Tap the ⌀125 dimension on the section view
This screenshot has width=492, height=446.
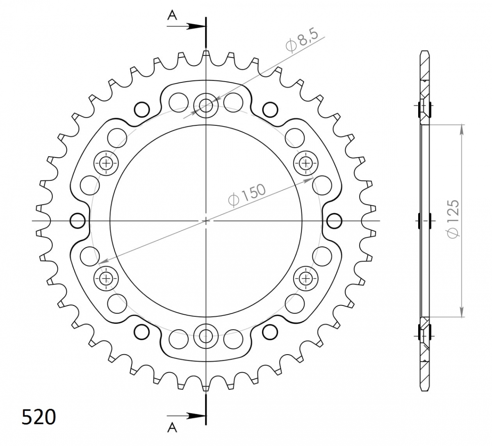click(453, 219)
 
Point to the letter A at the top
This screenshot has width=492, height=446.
click(172, 16)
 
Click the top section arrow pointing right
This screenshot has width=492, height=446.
click(186, 26)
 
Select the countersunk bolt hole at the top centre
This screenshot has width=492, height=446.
click(206, 105)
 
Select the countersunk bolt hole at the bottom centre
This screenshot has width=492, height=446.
click(206, 336)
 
